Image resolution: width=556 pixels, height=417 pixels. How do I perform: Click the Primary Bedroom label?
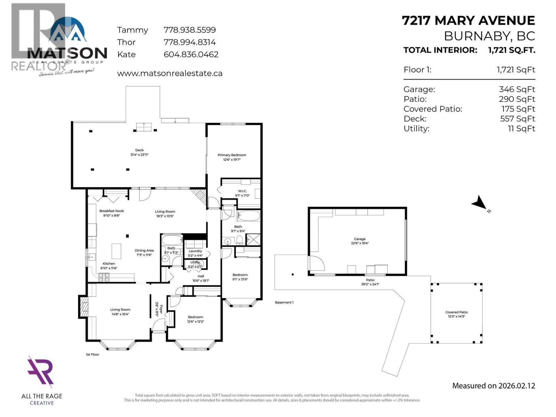click(232, 155)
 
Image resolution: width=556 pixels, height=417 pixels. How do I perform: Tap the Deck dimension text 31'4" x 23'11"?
click(139, 155)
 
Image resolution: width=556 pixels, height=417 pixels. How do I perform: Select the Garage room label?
click(360, 239)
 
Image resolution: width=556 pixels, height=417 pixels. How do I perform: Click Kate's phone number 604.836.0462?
click(191, 55)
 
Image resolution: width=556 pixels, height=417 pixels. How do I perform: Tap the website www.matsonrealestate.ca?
click(170, 74)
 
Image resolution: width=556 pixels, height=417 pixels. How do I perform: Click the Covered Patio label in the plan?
click(456, 312)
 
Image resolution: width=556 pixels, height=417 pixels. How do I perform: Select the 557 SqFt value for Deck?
click(517, 119)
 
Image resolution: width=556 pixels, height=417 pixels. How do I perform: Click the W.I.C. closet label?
click(242, 191)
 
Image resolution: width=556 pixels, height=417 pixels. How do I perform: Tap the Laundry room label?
click(195, 251)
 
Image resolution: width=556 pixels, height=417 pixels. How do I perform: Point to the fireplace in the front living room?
click(83, 306)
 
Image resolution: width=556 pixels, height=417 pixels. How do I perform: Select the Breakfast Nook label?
click(112, 211)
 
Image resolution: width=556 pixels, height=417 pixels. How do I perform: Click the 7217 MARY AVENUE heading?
click(468, 21)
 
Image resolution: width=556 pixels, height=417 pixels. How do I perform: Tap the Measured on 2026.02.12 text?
click(493, 386)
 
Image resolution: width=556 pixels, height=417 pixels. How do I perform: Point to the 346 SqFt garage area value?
click(517, 90)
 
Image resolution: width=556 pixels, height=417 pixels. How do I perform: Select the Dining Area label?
click(144, 251)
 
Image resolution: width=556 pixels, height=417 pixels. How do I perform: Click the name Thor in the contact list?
click(126, 42)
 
